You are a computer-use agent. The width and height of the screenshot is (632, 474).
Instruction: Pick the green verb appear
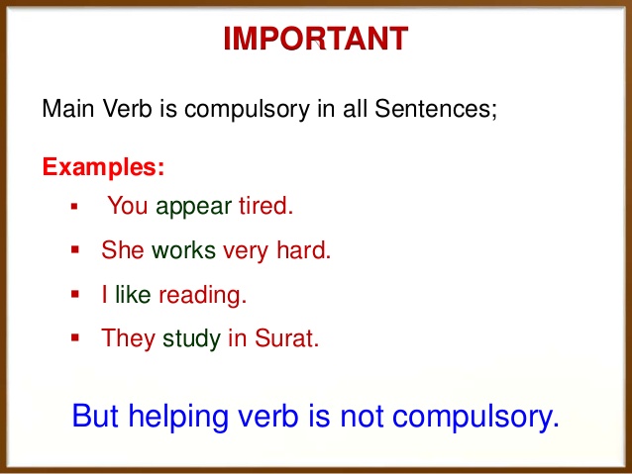pyautogui.click(x=194, y=208)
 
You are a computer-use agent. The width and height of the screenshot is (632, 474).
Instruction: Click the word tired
pyautogui.click(x=265, y=207)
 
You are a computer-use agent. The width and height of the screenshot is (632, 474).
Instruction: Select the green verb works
pyautogui.click(x=183, y=250)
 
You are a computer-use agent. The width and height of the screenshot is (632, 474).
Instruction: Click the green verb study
pyautogui.click(x=191, y=338)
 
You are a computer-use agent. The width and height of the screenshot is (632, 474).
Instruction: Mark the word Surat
pyautogui.click(x=285, y=338)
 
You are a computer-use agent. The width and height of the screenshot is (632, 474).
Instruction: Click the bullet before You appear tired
pyautogui.click(x=74, y=208)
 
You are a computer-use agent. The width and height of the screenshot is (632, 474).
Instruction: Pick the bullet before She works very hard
pyautogui.click(x=74, y=250)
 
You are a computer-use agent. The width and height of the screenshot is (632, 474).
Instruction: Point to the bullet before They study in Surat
pyautogui.click(x=74, y=338)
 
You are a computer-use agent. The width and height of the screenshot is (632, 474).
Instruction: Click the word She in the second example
pyautogui.click(x=123, y=250)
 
